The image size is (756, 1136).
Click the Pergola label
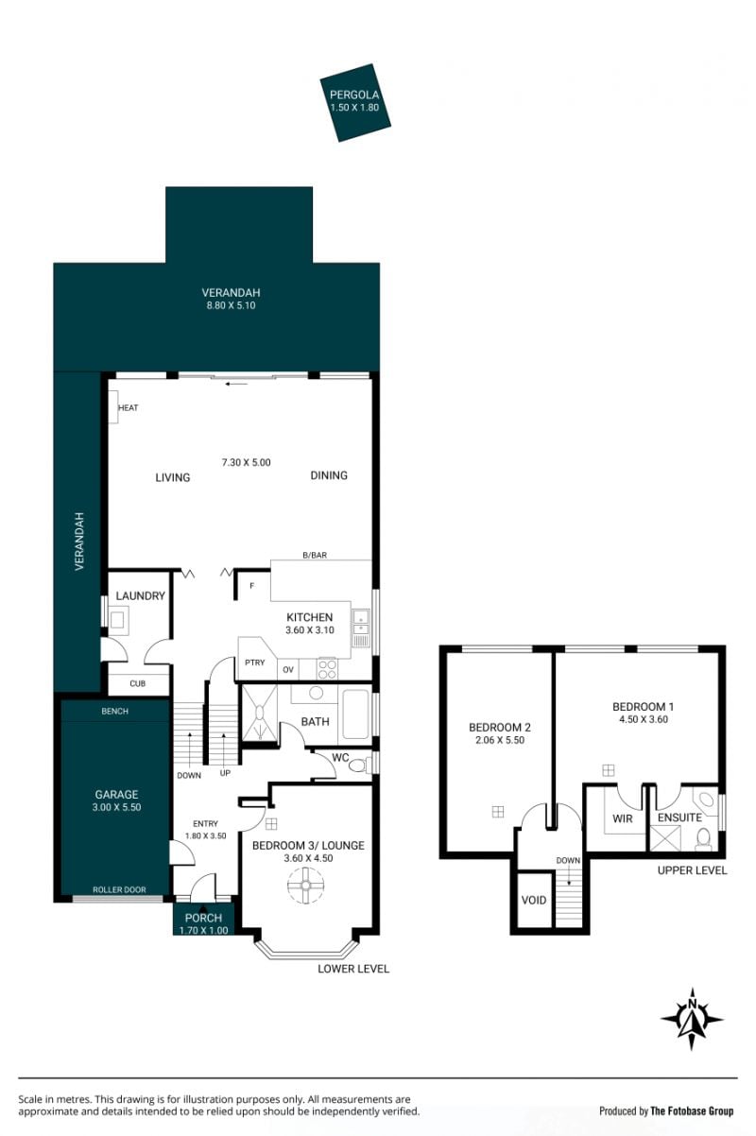354,95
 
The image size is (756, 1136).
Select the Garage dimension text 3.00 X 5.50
116,807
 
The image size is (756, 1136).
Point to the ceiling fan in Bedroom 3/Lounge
306,885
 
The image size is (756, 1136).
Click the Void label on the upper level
534,900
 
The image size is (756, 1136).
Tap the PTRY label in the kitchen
254,663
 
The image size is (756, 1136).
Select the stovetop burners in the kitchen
327,668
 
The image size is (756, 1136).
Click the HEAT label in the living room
128,407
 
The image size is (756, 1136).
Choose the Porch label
203,918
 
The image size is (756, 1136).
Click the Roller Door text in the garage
119,889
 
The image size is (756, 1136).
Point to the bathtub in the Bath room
355,714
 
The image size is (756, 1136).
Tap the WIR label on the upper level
622,818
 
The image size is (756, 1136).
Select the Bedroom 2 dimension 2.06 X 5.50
500,740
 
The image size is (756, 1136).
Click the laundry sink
117,620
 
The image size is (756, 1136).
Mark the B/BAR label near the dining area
315,556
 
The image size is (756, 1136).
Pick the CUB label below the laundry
137,683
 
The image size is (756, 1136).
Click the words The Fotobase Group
692,1111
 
